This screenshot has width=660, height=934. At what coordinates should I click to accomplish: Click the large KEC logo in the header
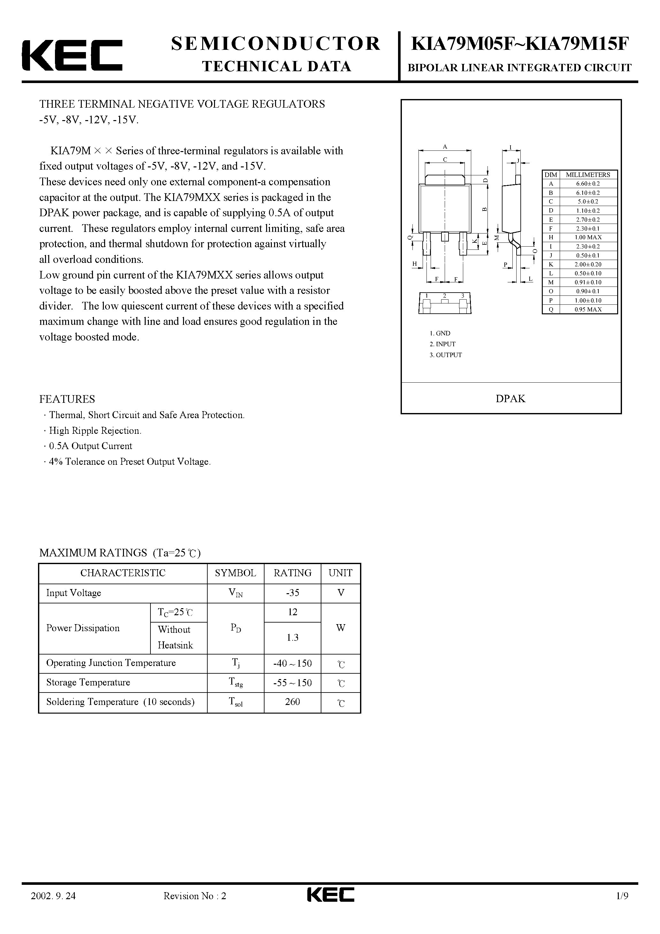pos(72,55)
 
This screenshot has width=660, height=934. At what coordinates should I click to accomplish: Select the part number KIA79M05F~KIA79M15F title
pos(520,44)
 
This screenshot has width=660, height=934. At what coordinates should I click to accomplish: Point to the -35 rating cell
pos(292,593)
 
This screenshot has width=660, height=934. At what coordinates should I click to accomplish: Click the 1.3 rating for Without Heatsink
pos(292,638)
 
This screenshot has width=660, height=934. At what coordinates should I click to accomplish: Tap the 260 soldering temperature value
pos(292,702)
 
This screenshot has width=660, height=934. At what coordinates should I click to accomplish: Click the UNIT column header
pos(340,573)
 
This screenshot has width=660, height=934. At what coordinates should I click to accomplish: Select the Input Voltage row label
pos(74,593)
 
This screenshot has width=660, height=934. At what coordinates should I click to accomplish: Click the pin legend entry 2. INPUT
pos(442,344)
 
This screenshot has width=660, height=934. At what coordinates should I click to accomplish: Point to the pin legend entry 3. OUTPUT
pos(446,355)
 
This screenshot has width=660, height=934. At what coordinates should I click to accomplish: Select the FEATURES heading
pos(67,399)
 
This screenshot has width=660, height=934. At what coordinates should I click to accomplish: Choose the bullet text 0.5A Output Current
pos(90,446)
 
